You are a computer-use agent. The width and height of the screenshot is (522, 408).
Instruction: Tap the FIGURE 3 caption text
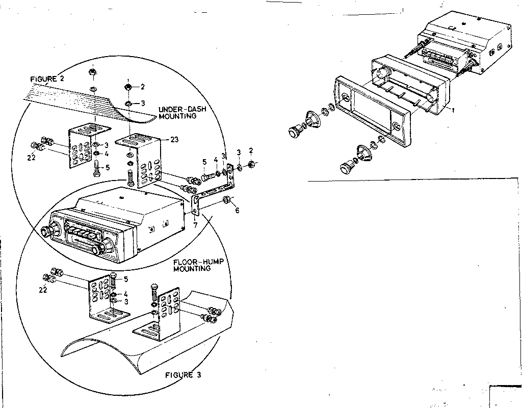point(182,375)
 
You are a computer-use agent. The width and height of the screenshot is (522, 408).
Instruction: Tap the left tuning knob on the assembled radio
point(50,231)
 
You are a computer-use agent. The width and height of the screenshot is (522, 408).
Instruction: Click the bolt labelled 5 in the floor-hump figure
point(114,280)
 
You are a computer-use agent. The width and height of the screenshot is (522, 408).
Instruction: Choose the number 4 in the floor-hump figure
point(125,294)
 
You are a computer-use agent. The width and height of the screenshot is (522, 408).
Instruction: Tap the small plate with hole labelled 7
point(196,207)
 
